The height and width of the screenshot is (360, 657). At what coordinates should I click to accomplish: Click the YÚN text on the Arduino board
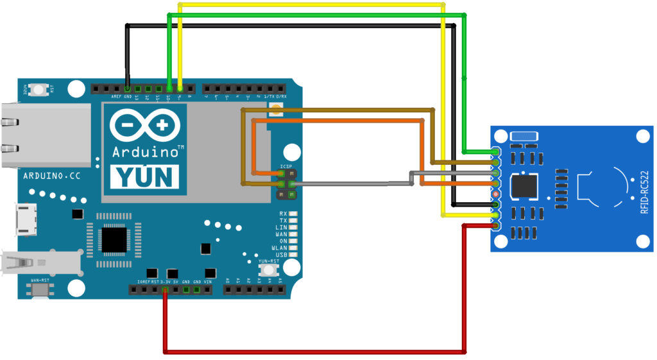tap(144, 176)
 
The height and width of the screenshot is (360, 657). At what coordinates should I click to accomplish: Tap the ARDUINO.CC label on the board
tap(51, 175)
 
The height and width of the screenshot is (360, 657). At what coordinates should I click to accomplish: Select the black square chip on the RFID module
tap(524, 187)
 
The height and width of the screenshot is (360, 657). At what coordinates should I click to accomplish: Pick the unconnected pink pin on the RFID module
tap(495, 194)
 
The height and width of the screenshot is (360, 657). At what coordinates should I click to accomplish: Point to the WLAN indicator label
tap(280, 248)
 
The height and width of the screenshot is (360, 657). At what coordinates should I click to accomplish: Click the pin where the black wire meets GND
tap(128, 88)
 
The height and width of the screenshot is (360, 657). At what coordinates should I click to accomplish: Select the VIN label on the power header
tap(208, 282)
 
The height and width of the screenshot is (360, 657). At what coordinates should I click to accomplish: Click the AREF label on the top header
tap(116, 97)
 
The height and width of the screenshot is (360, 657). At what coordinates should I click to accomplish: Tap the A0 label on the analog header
tap(227, 281)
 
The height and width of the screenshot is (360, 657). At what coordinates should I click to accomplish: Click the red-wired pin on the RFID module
tap(495, 225)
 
